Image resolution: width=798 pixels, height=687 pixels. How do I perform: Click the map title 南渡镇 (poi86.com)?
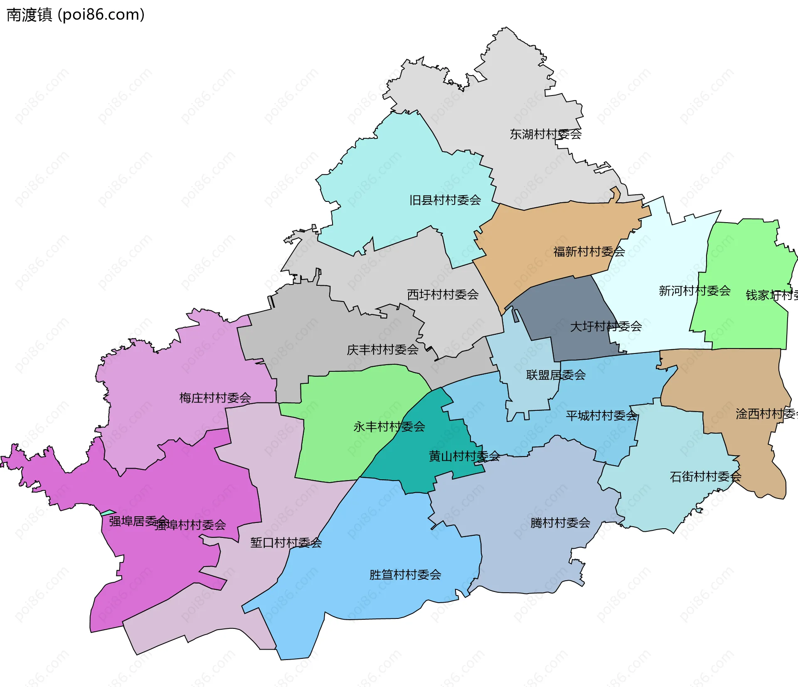(76, 15)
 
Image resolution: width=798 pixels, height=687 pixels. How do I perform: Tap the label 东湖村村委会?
(545, 134)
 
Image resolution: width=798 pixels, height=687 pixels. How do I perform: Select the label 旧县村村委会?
(445, 200)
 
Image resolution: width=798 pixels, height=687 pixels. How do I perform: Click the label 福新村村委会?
(589, 251)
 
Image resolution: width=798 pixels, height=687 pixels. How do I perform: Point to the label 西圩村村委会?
(443, 294)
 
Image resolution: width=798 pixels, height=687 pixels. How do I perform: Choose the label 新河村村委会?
(695, 290)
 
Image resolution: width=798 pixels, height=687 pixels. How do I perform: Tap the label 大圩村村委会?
(606, 326)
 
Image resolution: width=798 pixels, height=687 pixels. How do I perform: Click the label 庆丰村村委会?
(382, 350)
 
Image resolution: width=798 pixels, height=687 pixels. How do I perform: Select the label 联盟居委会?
(556, 375)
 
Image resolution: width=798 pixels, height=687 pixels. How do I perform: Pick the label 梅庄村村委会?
(215, 398)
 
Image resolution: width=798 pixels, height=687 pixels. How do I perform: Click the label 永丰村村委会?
(389, 427)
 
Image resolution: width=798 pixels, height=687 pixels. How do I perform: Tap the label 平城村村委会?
(601, 415)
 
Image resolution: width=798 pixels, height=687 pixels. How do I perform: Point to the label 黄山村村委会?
(464, 456)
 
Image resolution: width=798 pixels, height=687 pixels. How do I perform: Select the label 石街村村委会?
(705, 476)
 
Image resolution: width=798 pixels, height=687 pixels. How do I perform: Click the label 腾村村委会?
(560, 523)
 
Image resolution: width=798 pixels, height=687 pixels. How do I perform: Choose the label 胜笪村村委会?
(405, 575)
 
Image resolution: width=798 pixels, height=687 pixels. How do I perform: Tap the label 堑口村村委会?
(286, 542)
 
